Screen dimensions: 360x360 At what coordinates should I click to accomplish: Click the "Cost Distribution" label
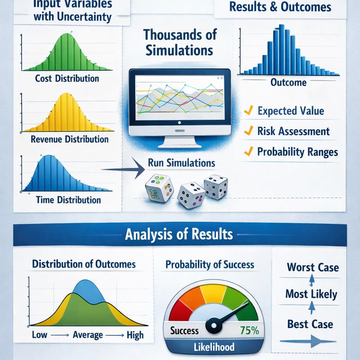pos(67,78)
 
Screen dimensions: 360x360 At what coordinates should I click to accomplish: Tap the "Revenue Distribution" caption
pos(69,139)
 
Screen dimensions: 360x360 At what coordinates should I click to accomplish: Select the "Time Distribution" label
pos(68,199)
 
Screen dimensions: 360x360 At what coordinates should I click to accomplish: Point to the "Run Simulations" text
pos(181,162)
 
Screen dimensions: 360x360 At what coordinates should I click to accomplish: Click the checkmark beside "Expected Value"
pos(247,110)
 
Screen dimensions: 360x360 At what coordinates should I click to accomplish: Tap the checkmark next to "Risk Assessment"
pos(247,131)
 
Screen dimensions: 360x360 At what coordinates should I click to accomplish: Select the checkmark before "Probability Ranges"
pos(247,152)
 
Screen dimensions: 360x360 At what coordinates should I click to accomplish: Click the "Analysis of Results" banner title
pos(179,234)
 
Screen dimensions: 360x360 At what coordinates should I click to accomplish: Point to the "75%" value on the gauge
pos(249,331)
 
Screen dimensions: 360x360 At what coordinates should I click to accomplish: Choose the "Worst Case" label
pos(313,267)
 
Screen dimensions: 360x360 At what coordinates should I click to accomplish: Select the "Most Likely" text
pos(311,295)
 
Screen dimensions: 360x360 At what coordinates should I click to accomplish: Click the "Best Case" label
pos(310,324)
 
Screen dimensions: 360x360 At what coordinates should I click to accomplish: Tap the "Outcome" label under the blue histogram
pos(288,82)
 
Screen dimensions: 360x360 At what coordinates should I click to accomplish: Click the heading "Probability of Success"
pos(210,265)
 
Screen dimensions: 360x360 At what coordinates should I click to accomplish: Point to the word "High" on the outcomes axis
pos(135,335)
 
